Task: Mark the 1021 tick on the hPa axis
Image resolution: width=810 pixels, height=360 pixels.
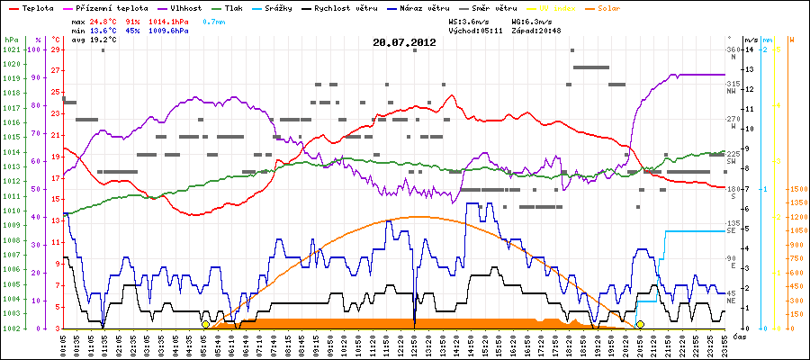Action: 11,49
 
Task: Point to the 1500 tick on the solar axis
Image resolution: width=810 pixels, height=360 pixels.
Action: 796,189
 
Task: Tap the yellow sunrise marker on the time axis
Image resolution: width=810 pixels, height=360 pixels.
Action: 205,324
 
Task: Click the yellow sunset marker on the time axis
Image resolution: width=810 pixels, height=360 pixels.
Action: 640,324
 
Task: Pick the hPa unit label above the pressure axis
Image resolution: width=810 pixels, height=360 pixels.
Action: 10,40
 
